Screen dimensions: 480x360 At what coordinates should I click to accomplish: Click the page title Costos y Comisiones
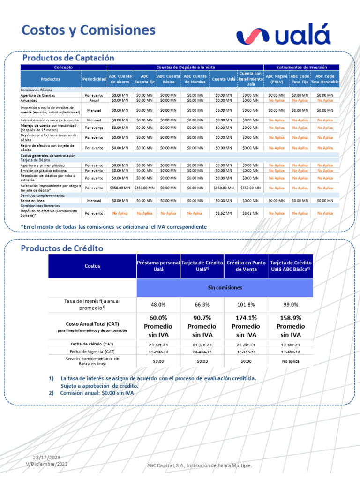89,30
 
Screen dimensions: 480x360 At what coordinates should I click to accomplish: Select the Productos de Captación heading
68,58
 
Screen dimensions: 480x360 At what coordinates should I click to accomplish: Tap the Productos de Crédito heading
62,248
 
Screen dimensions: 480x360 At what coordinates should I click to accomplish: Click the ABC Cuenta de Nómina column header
195,79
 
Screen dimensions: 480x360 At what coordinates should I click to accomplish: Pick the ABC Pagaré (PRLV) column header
277,79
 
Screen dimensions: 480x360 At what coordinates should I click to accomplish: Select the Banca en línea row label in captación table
32,200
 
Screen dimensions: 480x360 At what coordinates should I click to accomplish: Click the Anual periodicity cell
94,100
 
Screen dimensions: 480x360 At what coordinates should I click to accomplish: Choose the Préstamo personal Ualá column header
158,266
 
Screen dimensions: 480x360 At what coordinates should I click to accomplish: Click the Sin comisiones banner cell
225,287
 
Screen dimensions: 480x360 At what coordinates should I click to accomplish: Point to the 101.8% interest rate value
246,305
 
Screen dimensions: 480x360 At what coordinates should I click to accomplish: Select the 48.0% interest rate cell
158,305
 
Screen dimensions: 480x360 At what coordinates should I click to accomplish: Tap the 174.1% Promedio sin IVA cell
246,326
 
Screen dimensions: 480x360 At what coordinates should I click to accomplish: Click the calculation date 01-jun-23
202,344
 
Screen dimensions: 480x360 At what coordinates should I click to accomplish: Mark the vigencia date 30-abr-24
246,351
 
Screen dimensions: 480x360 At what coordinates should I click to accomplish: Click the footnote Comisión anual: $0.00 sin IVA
97,393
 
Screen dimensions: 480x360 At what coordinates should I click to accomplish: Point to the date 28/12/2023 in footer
46,457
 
